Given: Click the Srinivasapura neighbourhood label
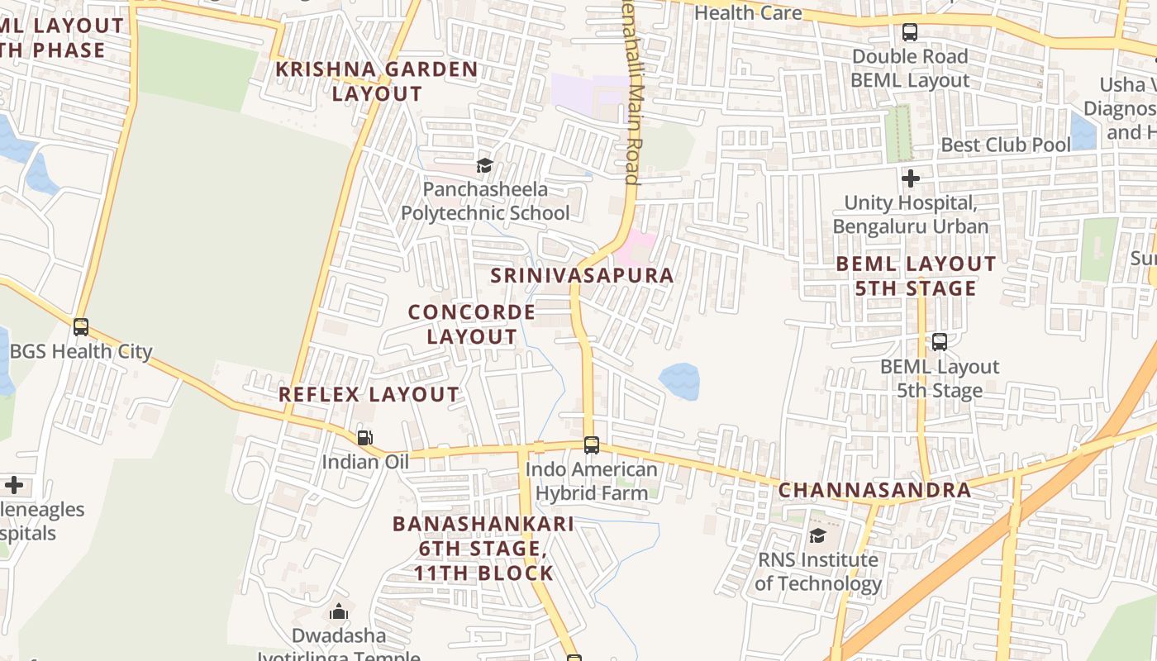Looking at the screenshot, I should pos(583,275).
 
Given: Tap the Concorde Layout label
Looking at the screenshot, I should pos(472,325).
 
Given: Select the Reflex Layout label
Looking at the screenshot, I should pos(369,394).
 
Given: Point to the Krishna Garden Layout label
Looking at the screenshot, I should pos(377,81).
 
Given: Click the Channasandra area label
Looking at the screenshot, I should pos(875,489).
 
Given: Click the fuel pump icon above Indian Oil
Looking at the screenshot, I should pos(364,438).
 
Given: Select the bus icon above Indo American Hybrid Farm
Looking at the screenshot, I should pos(592,445).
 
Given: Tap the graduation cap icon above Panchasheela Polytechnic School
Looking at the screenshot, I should pos(485,165).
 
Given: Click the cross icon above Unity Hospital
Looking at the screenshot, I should pos(911,178).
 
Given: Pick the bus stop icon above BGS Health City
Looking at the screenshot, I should pos(81,327).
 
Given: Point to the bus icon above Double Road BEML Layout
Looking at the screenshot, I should pos(910,33).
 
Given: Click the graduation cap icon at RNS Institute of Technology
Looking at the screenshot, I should pos(817,535).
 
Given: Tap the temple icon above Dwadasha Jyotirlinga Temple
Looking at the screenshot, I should pos(338,612).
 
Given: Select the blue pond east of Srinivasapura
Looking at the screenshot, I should pos(679,381).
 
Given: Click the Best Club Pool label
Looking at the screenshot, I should pos(1006,145).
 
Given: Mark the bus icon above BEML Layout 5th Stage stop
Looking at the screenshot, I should pos(940,342).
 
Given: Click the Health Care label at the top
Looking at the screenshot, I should pos(748,12).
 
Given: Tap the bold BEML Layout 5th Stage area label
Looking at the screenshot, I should pos(916,276).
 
